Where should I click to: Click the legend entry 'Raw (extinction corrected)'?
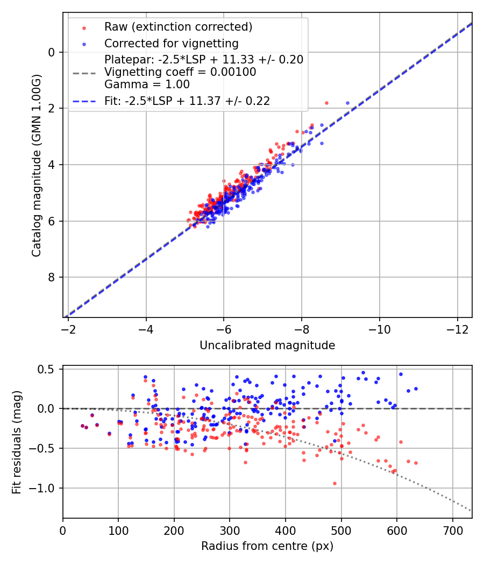(178, 27)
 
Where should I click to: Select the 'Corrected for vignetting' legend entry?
(171, 43)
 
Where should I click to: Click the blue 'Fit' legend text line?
(187, 100)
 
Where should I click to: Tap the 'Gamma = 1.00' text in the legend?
(147, 84)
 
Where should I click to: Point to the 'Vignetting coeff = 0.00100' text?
(180, 72)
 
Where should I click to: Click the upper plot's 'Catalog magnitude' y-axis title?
(36, 167)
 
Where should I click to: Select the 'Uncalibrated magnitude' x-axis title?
(267, 345)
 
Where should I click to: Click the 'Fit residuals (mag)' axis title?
(16, 442)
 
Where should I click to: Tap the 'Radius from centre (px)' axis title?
(267, 546)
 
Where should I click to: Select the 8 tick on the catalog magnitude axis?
(51, 277)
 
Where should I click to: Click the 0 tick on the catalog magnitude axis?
(51, 52)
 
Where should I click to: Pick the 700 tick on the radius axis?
(452, 529)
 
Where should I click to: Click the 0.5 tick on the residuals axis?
(47, 369)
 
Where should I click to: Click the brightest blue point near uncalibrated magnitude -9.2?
(347, 103)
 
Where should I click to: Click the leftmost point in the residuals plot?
(82, 426)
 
